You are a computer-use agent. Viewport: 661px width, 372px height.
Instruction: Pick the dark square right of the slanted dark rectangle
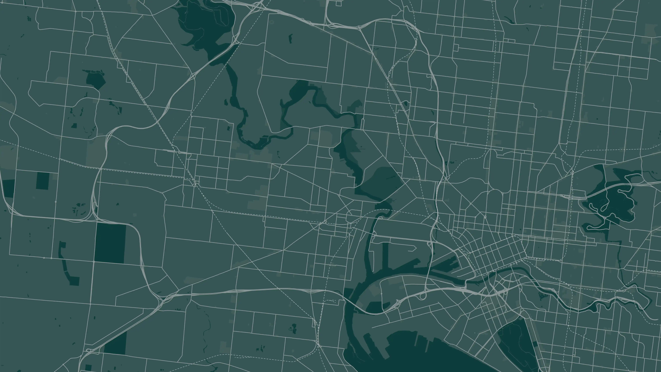click(43, 181)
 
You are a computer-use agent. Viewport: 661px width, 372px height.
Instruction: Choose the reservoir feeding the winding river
click(205, 23)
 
